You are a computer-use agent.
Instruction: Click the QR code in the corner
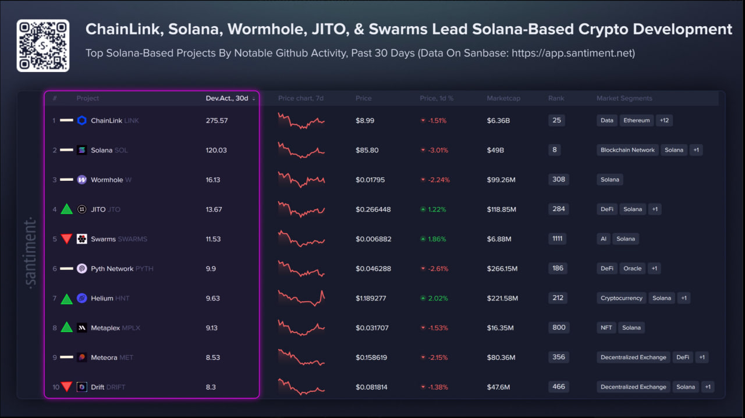point(43,45)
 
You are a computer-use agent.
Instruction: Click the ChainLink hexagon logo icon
point(82,120)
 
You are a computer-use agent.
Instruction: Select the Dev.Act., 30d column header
point(227,98)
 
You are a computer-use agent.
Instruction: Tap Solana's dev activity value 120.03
point(217,150)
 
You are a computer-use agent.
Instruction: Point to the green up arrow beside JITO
point(67,209)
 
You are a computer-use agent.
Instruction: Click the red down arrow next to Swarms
point(67,239)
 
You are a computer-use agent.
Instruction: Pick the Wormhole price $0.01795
point(371,180)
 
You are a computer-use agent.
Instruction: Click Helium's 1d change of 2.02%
point(437,298)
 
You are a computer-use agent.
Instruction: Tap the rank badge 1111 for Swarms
point(557,238)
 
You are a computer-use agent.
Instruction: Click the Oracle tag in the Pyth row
point(633,269)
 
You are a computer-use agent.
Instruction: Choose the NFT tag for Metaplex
point(606,328)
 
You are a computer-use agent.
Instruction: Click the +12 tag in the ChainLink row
point(664,120)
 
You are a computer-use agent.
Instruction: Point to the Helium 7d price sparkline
point(301,298)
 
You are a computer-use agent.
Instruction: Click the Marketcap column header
point(503,98)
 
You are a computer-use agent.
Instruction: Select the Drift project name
point(97,387)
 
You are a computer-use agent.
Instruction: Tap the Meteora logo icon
point(82,358)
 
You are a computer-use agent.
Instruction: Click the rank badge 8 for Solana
point(555,149)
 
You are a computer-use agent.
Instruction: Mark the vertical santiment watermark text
point(31,252)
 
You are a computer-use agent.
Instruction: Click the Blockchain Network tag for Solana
point(627,150)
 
